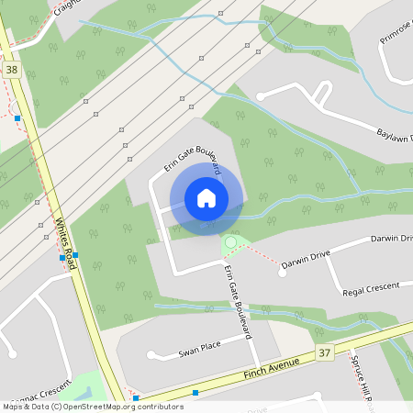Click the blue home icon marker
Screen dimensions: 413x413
pos(206,197)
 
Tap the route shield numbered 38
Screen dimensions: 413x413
pos(11,69)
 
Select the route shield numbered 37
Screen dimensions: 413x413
pos(324,352)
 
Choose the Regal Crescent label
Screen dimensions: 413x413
pos(371,289)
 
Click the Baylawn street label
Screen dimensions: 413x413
pos(395,135)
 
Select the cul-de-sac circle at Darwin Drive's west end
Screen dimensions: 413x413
pos(282,272)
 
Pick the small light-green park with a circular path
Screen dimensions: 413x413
pos(232,243)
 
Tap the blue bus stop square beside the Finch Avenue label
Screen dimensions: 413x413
pos(195,393)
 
